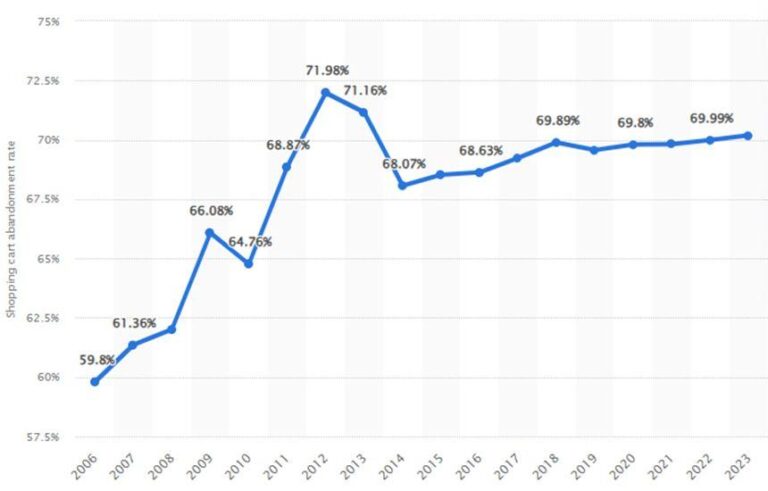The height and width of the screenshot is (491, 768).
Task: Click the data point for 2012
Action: [325, 93]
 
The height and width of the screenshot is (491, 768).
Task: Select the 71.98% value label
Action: [326, 70]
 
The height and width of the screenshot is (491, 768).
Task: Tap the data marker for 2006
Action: [94, 381]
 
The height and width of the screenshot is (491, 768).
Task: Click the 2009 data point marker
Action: [210, 233]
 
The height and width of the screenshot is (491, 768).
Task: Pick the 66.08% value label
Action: [211, 211]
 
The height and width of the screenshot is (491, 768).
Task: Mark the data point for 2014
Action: [402, 185]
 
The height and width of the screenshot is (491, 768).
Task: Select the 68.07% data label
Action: [403, 164]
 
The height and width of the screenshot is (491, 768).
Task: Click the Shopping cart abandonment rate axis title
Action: [12, 230]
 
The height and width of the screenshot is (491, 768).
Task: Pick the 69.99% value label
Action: [711, 119]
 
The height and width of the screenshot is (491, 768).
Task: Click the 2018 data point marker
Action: [556, 142]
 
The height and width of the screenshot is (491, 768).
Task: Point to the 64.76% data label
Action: [251, 242]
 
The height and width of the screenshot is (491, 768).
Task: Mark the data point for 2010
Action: [248, 264]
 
